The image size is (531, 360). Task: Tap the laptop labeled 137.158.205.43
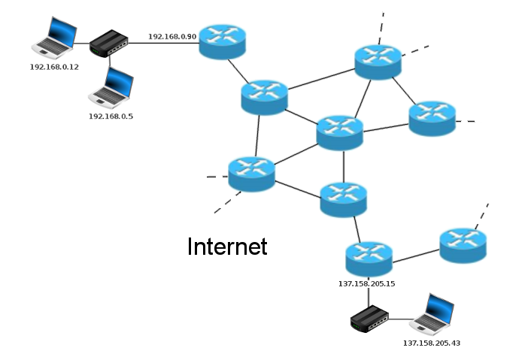coord(432,313)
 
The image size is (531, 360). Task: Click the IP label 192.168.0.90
coord(171,36)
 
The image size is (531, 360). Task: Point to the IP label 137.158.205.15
coord(367,284)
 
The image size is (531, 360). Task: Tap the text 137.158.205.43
coord(432,343)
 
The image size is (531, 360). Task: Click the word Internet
coord(227,247)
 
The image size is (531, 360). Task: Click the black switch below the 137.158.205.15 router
coord(369,320)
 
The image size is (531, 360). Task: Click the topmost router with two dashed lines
coord(378,62)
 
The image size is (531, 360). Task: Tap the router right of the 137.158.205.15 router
coord(463,246)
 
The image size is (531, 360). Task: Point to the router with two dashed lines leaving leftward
coord(251,174)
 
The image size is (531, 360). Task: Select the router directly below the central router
coord(343,198)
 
